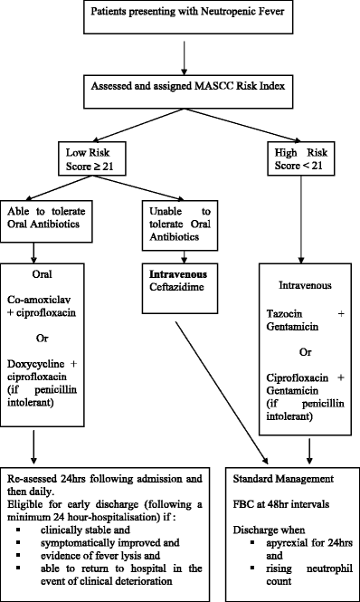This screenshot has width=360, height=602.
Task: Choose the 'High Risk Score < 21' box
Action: pos(303,158)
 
